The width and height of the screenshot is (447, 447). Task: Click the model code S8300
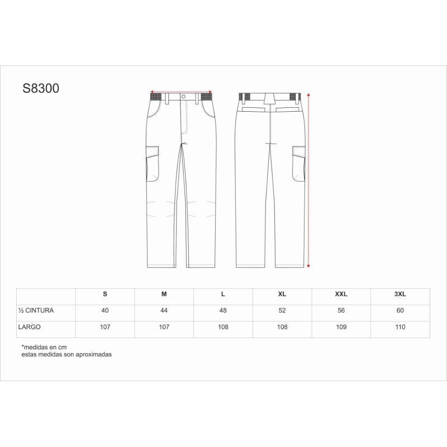[x=41, y=88]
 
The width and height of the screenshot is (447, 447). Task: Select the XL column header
[x=282, y=294]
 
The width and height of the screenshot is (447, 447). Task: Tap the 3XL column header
[x=400, y=294]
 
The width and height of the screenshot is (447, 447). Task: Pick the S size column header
[x=105, y=294]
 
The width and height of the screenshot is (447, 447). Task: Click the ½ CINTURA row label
[x=36, y=311]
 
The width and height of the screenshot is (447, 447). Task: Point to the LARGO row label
[x=30, y=327]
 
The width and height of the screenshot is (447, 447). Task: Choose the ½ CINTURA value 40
[x=105, y=311]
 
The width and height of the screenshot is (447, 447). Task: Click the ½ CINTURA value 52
[x=282, y=311]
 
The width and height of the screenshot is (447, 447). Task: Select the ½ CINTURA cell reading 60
[x=400, y=311]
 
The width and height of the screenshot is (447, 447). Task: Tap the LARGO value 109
[x=341, y=327]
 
